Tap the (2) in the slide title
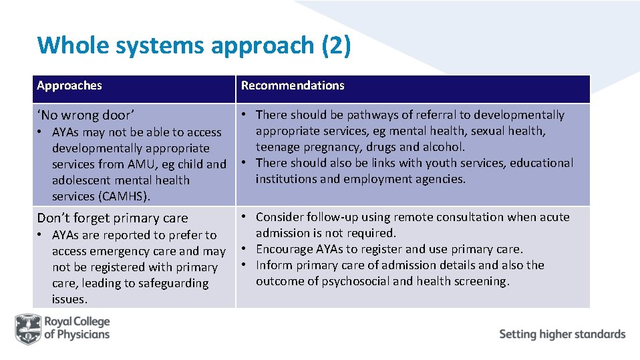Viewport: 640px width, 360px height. point(336,45)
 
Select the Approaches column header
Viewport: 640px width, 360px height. point(69,85)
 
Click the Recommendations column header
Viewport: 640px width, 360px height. point(293,85)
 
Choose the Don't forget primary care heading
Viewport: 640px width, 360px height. point(112,218)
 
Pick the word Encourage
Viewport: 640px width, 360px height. point(285,249)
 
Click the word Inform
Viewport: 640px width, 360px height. point(273,265)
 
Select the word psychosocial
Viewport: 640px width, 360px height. point(355,281)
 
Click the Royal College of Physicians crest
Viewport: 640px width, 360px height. point(27,329)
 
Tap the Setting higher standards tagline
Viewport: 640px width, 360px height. point(562,334)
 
